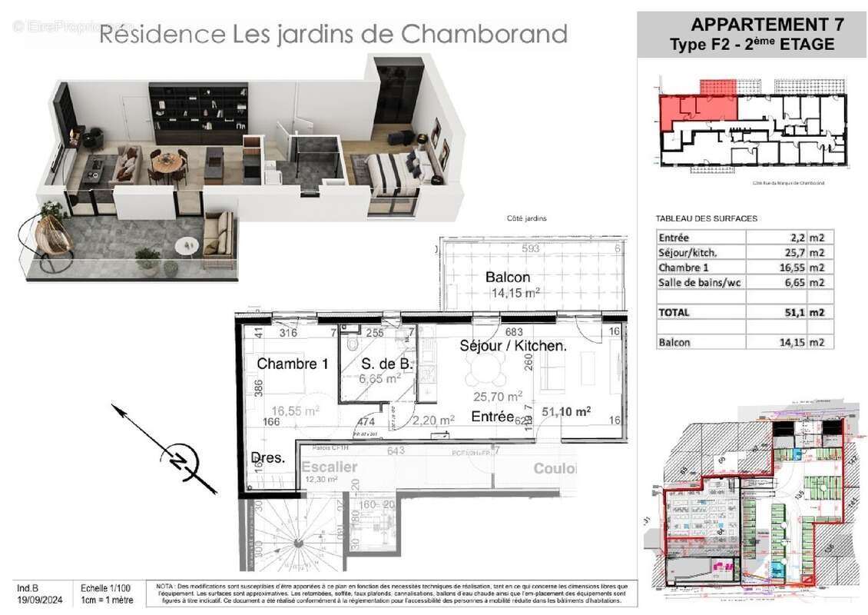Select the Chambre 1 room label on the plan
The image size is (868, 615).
293,364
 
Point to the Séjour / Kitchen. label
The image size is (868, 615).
513,346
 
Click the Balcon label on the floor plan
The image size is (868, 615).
508,277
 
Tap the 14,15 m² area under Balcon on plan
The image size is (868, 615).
515,292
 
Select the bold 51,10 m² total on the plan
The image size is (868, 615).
566,412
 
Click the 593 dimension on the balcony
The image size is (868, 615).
530,248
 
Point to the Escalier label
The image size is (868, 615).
330,467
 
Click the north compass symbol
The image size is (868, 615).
178,461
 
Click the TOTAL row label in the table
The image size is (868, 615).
674,313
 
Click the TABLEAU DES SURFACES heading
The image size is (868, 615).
706,218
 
